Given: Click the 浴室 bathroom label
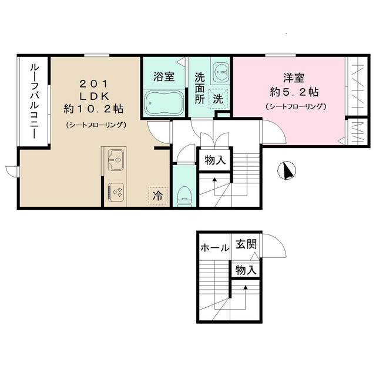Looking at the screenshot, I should [163, 76].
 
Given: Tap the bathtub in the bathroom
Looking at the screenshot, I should [163, 104].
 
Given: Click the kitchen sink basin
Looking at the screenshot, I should [115, 158].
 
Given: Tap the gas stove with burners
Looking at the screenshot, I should [115, 192].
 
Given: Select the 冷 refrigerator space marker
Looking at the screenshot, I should [157, 195].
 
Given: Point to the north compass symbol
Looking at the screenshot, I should [287, 170].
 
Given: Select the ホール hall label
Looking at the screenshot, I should [214, 247].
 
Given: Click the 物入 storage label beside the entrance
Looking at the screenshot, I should [246, 270].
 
